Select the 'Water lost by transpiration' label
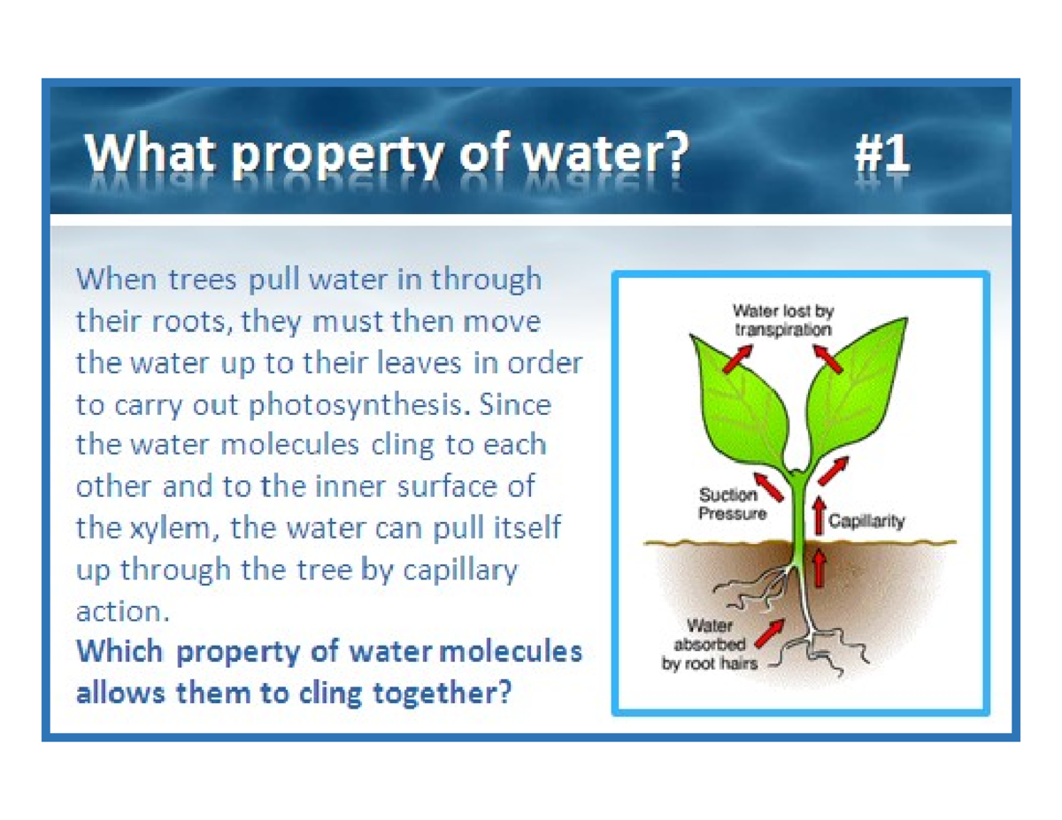click(x=782, y=319)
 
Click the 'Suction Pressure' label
click(x=732, y=503)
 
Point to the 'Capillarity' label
click(x=866, y=521)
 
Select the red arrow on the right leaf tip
click(x=828, y=357)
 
